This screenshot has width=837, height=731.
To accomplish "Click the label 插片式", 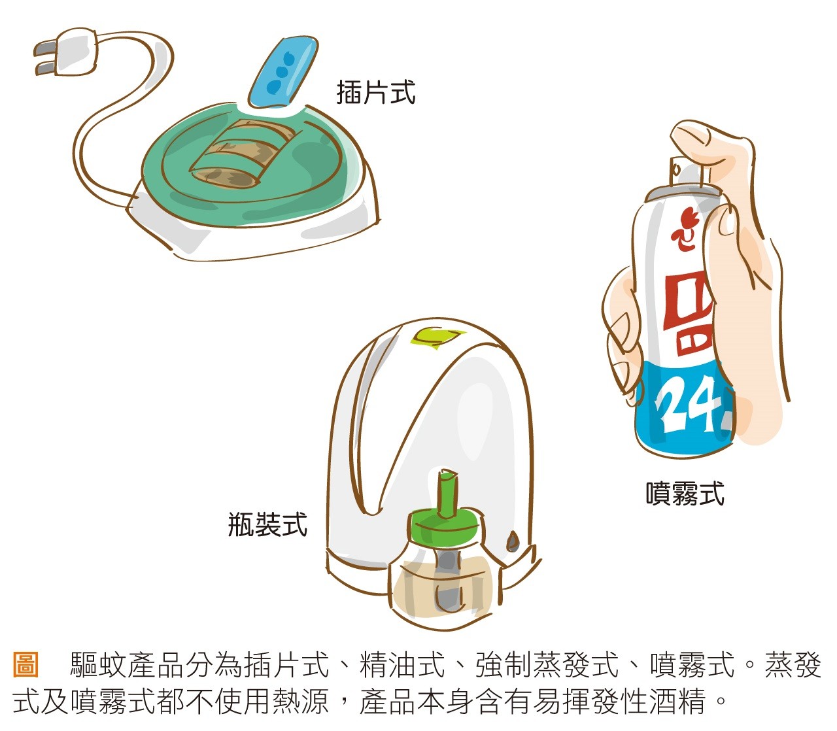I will (x=375, y=92).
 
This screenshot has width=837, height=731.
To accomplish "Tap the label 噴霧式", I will (x=685, y=493).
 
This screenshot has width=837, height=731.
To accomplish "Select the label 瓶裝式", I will (x=267, y=524).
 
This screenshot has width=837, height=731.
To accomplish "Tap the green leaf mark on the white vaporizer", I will (x=434, y=336).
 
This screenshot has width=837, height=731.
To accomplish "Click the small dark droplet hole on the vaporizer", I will (x=513, y=541).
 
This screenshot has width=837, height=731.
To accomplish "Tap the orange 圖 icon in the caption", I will (x=26, y=665).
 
